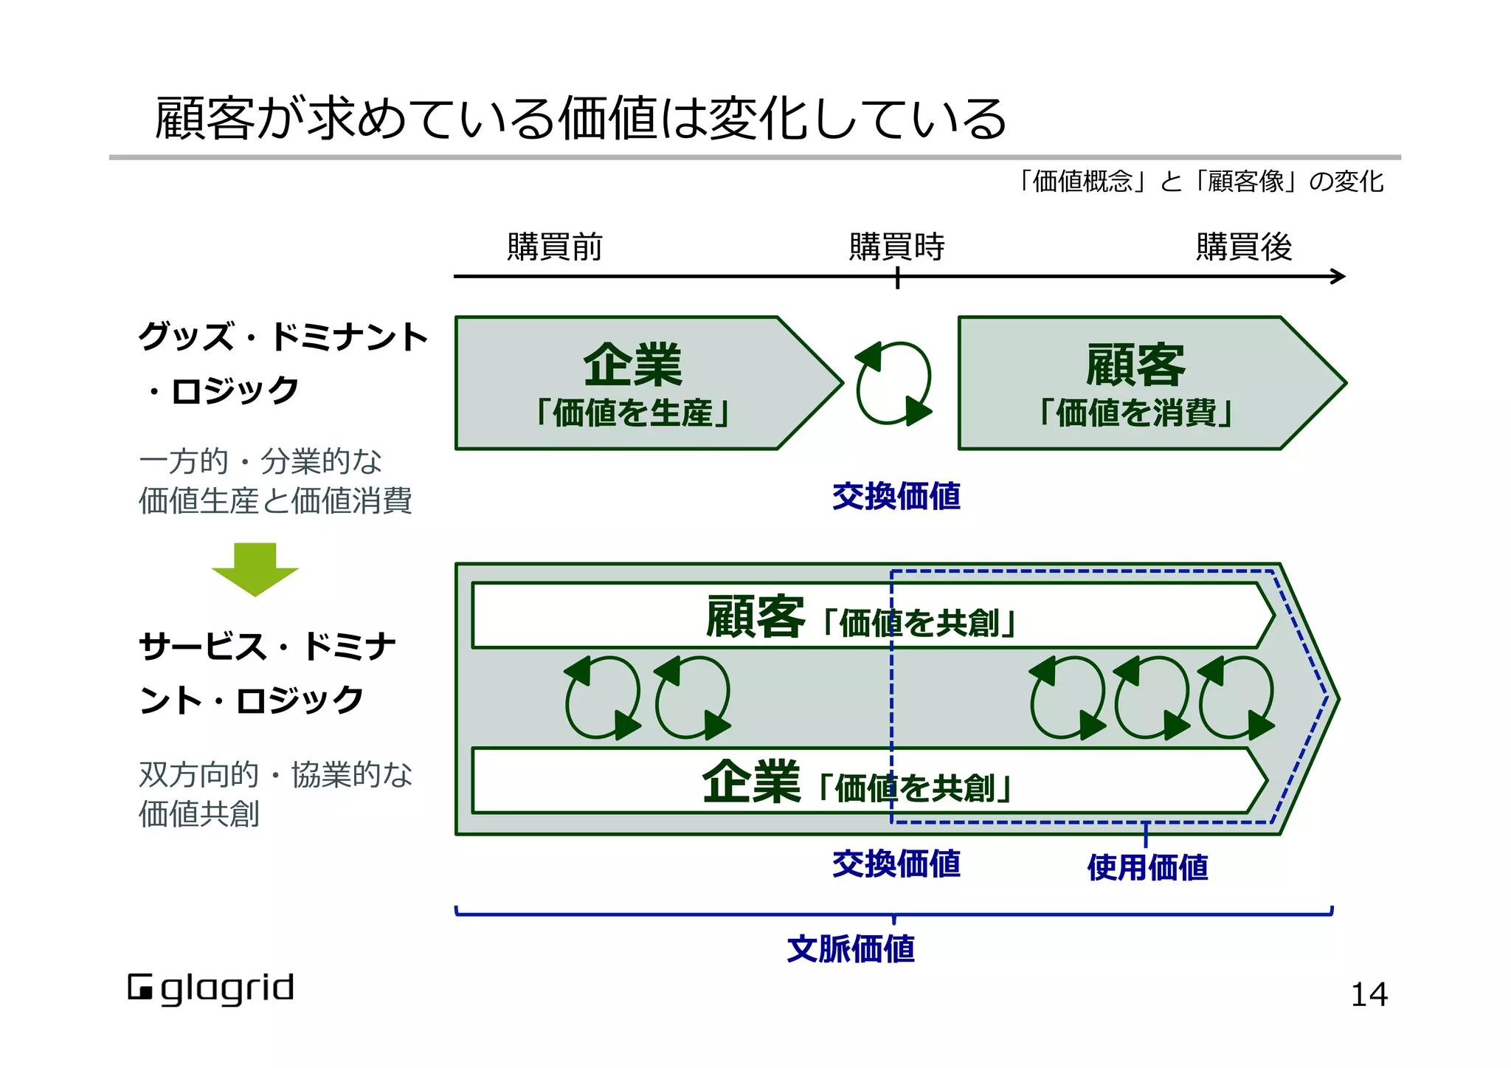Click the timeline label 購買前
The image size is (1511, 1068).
coord(555,247)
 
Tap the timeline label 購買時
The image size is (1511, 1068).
coord(896,247)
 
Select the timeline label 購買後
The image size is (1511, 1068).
coord(1244,247)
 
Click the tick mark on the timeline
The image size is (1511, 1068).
coord(897,278)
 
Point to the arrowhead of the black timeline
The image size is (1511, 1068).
coord(1338,277)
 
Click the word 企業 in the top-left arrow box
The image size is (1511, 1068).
coord(632,365)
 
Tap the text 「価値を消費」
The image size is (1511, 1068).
coord(1136,413)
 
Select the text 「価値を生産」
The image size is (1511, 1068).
coord(632,413)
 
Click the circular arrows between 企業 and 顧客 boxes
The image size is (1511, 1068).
coord(893,383)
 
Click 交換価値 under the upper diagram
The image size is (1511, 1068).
coord(896,496)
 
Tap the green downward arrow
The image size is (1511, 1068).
coord(255,569)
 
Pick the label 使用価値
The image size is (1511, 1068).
coord(1147,867)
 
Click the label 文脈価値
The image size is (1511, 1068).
coord(850,949)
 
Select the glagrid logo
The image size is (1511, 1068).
coord(211,989)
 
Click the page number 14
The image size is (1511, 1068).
coord(1369,995)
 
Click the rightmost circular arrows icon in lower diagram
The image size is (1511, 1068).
coord(1236,697)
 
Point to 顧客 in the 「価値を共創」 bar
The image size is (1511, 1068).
coord(755,617)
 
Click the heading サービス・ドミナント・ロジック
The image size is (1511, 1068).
coord(266,673)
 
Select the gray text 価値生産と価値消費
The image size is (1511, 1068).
coord(274,501)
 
